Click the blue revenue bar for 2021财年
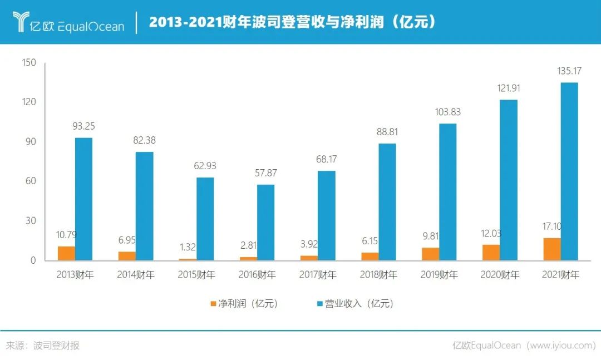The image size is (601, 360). click(569, 171)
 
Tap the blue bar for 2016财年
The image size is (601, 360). click(265, 222)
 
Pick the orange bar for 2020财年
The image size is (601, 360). click(491, 252)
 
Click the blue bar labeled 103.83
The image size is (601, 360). click(447, 192)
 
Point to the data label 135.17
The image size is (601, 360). click(569, 71)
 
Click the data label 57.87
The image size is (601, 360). click(265, 173)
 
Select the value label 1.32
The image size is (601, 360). click(188, 247)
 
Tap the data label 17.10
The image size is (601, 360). click(552, 226)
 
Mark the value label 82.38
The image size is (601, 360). click(144, 141)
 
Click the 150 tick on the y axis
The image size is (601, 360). click(28, 63)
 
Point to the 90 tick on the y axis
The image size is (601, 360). click(31, 142)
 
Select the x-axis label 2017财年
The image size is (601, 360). click(317, 275)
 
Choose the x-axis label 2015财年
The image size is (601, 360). click(196, 275)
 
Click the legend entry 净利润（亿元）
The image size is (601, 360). click(244, 304)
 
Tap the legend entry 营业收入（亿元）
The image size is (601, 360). click(354, 304)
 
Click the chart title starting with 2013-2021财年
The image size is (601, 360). click(292, 22)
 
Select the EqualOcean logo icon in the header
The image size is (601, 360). click(22, 22)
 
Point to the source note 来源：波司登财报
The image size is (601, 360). click(43, 346)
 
